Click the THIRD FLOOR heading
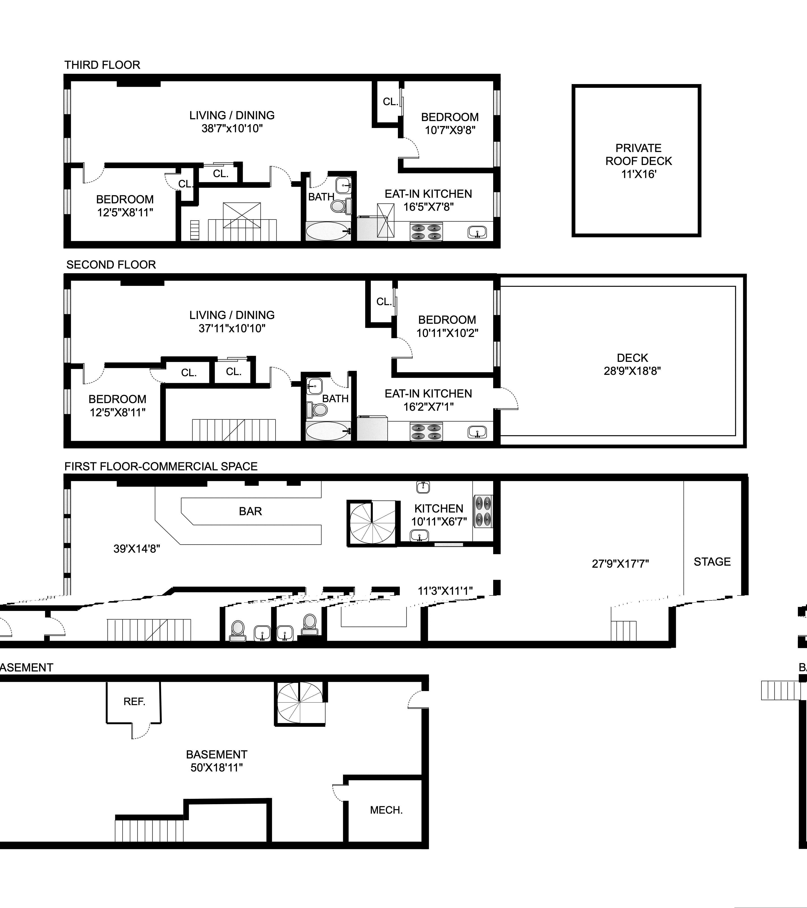tap(102, 65)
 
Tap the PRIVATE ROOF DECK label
tap(638, 161)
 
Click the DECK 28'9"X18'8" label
tap(632, 364)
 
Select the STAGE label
tap(712, 562)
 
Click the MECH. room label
tap(386, 810)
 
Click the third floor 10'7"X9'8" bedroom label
tap(449, 124)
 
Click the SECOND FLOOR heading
tap(111, 265)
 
